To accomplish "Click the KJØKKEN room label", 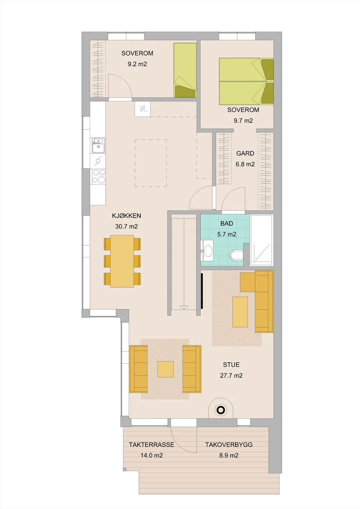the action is pyautogui.click(x=126, y=216).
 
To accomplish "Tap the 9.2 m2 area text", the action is pyautogui.click(x=137, y=64).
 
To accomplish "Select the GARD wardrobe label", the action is pyautogui.click(x=245, y=153).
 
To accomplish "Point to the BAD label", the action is pyautogui.click(x=227, y=224).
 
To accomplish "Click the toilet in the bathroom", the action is pyautogui.click(x=236, y=255).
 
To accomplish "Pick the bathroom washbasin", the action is pyautogui.click(x=208, y=251).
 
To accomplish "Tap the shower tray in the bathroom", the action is pyautogui.click(x=262, y=240).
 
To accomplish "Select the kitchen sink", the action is pyautogui.click(x=98, y=145).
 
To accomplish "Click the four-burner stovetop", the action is pyautogui.click(x=98, y=177).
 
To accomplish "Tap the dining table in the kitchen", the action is pyautogui.click(x=122, y=261).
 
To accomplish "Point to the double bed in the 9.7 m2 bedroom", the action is pyautogui.click(x=246, y=81).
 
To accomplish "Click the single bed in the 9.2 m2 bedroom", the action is pyautogui.click(x=185, y=70).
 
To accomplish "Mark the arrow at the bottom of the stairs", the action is pyautogui.click(x=184, y=308).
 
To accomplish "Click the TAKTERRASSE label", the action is pyautogui.click(x=152, y=445).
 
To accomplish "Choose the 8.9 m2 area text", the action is pyautogui.click(x=229, y=455).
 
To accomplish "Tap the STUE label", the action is pyautogui.click(x=231, y=365).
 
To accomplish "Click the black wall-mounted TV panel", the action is pyautogui.click(x=202, y=291).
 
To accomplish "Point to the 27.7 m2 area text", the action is pyautogui.click(x=231, y=375).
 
